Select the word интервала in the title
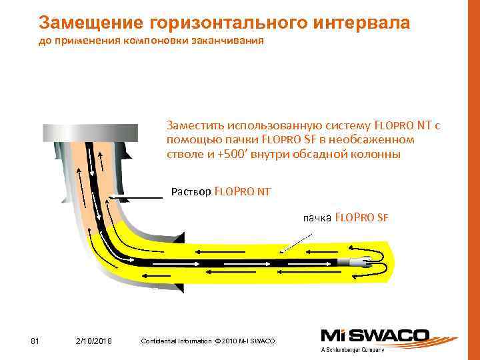(361, 23)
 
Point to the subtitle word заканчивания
(231, 41)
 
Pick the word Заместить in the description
(195, 125)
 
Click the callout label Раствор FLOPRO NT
(221, 192)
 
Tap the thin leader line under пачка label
(297, 242)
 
